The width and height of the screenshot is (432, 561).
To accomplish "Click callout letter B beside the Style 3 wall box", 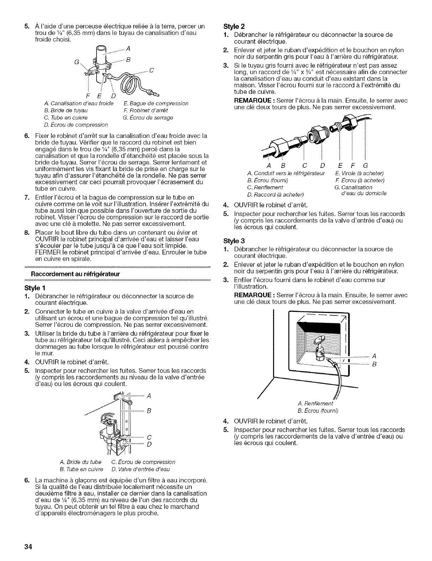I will pos(374,364).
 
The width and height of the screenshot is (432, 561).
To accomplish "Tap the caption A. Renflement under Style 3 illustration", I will pos(315,403).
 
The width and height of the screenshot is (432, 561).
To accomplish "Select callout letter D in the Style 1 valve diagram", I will pos(149,443).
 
